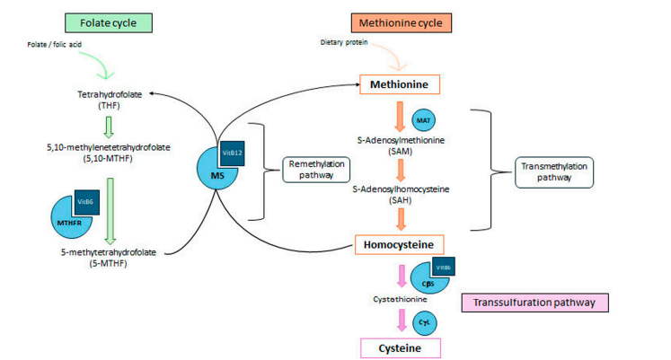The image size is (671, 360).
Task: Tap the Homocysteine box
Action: (x=399, y=243)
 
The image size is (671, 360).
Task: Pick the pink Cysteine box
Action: (x=399, y=347)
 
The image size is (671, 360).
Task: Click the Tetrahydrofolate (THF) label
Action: (x=112, y=98)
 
